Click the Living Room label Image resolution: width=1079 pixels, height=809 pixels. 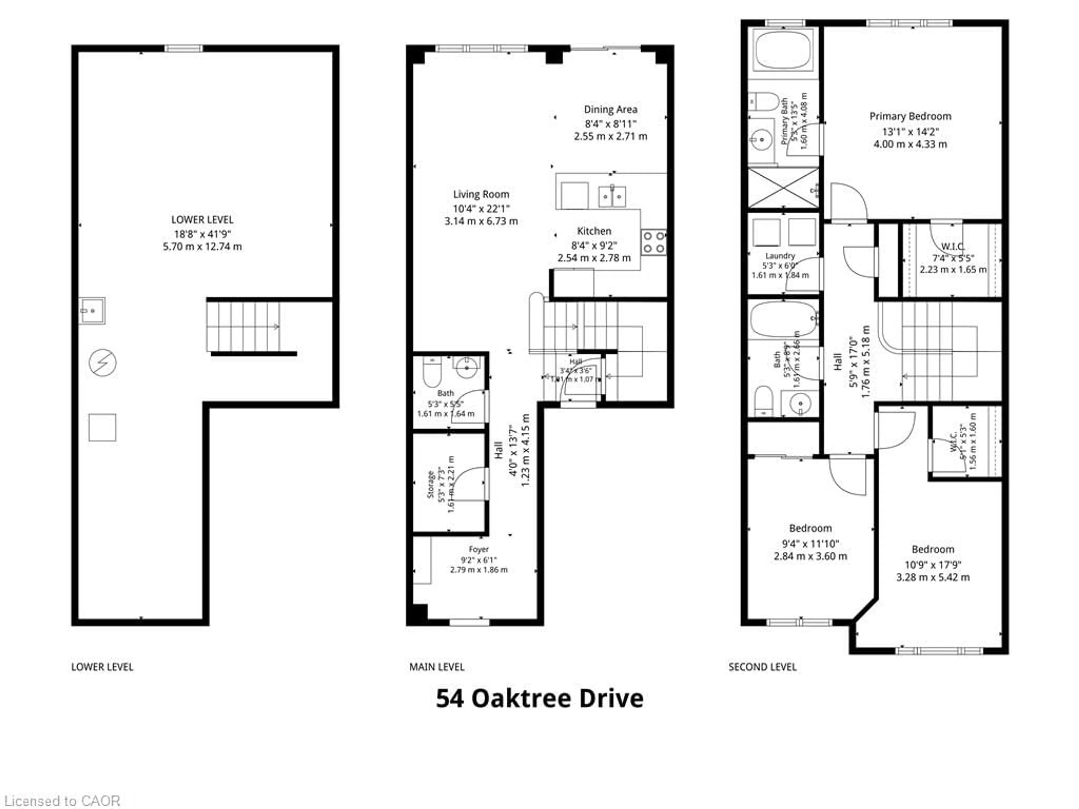[481, 194]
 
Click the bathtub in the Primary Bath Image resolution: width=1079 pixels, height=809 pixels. [783, 51]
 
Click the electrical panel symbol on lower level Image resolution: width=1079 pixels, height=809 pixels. [103, 363]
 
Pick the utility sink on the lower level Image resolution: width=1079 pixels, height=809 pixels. [92, 310]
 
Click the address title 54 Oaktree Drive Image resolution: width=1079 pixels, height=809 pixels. [539, 698]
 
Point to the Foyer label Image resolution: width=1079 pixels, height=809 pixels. [479, 549]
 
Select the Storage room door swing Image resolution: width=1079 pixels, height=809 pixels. [469, 483]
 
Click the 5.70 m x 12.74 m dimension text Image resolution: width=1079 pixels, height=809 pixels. [202, 247]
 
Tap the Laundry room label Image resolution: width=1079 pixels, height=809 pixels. [780, 256]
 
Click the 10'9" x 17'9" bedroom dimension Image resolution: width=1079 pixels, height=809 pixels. [933, 565]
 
